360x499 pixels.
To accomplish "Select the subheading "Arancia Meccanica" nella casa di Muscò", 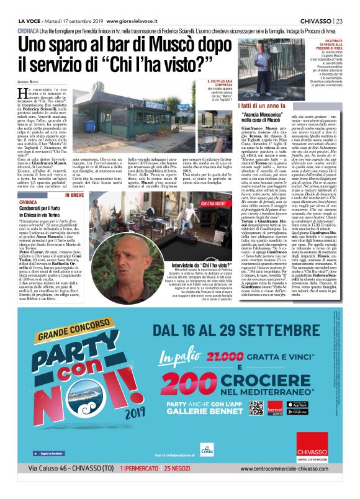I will [x=261, y=118].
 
